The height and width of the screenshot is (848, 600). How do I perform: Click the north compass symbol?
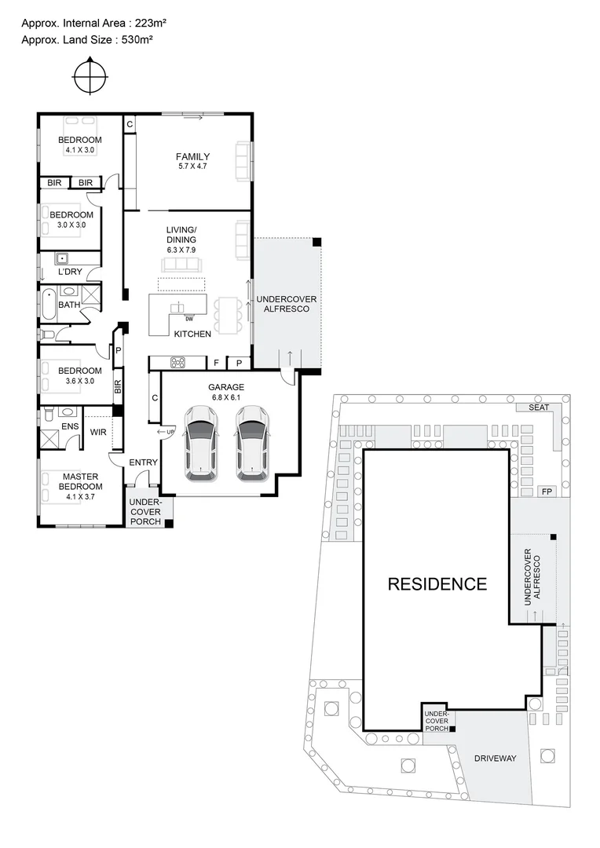click(x=89, y=76)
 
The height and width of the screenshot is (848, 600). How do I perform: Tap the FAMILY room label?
click(x=192, y=156)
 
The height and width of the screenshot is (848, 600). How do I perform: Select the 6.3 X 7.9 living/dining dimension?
click(x=181, y=249)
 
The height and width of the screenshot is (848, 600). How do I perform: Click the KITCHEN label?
click(x=192, y=334)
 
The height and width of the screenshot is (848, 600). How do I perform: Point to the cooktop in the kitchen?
click(x=178, y=362)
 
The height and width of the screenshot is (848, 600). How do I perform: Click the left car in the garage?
click(x=201, y=448)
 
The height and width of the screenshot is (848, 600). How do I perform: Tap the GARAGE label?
click(x=226, y=387)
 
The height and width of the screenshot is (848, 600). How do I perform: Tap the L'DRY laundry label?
click(x=70, y=272)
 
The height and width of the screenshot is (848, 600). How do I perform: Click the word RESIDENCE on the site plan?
click(x=437, y=584)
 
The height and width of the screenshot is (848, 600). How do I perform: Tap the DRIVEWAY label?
click(x=495, y=758)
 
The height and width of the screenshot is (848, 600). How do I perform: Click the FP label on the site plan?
click(x=547, y=492)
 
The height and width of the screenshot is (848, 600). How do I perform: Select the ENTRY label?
click(x=144, y=462)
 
